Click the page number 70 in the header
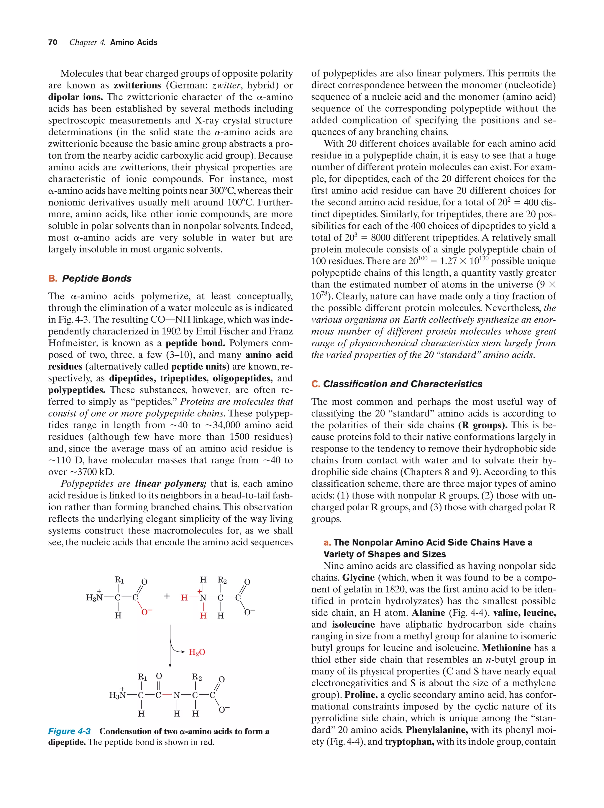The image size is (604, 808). pos(52,42)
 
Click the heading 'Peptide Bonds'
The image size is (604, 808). pos(96,278)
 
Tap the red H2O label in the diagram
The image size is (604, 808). pos(197,652)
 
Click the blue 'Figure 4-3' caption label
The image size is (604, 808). pos(69,731)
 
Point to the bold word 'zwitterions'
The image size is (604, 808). pos(137,85)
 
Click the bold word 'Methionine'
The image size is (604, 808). pos(506,648)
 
